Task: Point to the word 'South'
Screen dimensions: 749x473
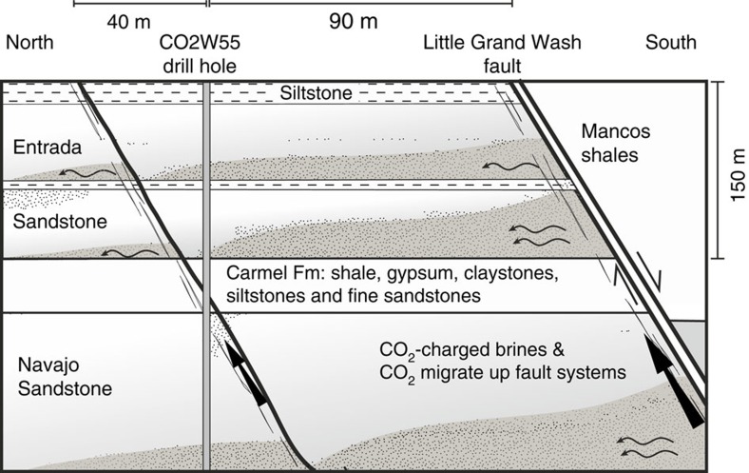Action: click(x=671, y=43)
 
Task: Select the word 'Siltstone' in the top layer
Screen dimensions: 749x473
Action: click(x=317, y=93)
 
